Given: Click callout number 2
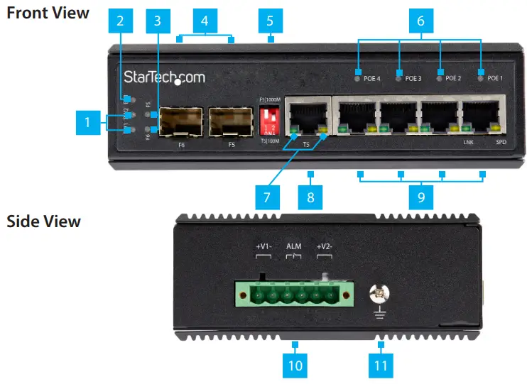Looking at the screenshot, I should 120,21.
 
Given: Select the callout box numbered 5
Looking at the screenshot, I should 270,21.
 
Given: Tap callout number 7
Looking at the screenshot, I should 267,197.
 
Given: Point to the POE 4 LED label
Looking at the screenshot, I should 372,78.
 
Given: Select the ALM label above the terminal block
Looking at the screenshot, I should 293,247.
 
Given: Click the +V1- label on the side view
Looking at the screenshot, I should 263,247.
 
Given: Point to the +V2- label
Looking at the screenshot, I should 325,247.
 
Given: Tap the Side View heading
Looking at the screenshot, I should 43,221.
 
